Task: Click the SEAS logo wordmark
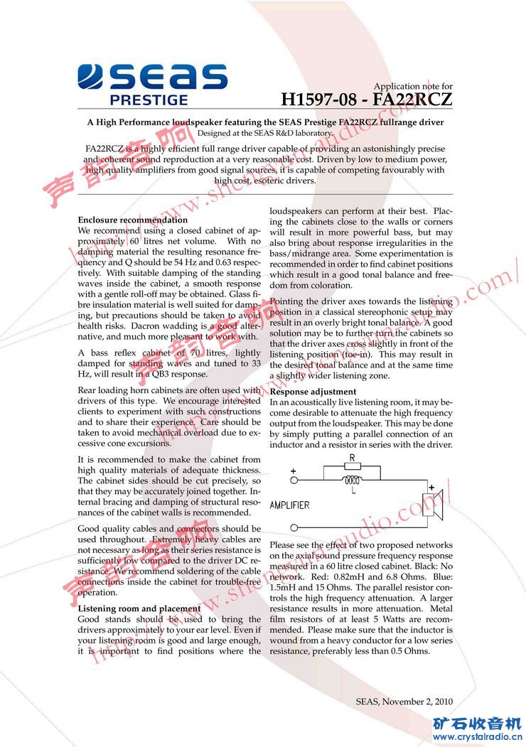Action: [x=152, y=77]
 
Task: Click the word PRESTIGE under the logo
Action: [x=149, y=100]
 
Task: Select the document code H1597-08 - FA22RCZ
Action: [x=366, y=100]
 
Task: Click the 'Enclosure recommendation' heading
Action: [x=133, y=220]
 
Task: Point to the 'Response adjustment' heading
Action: [x=313, y=392]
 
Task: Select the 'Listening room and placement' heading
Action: [x=139, y=608]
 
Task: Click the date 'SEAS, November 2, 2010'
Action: [x=404, y=702]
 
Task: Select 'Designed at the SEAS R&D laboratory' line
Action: [x=265, y=133]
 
